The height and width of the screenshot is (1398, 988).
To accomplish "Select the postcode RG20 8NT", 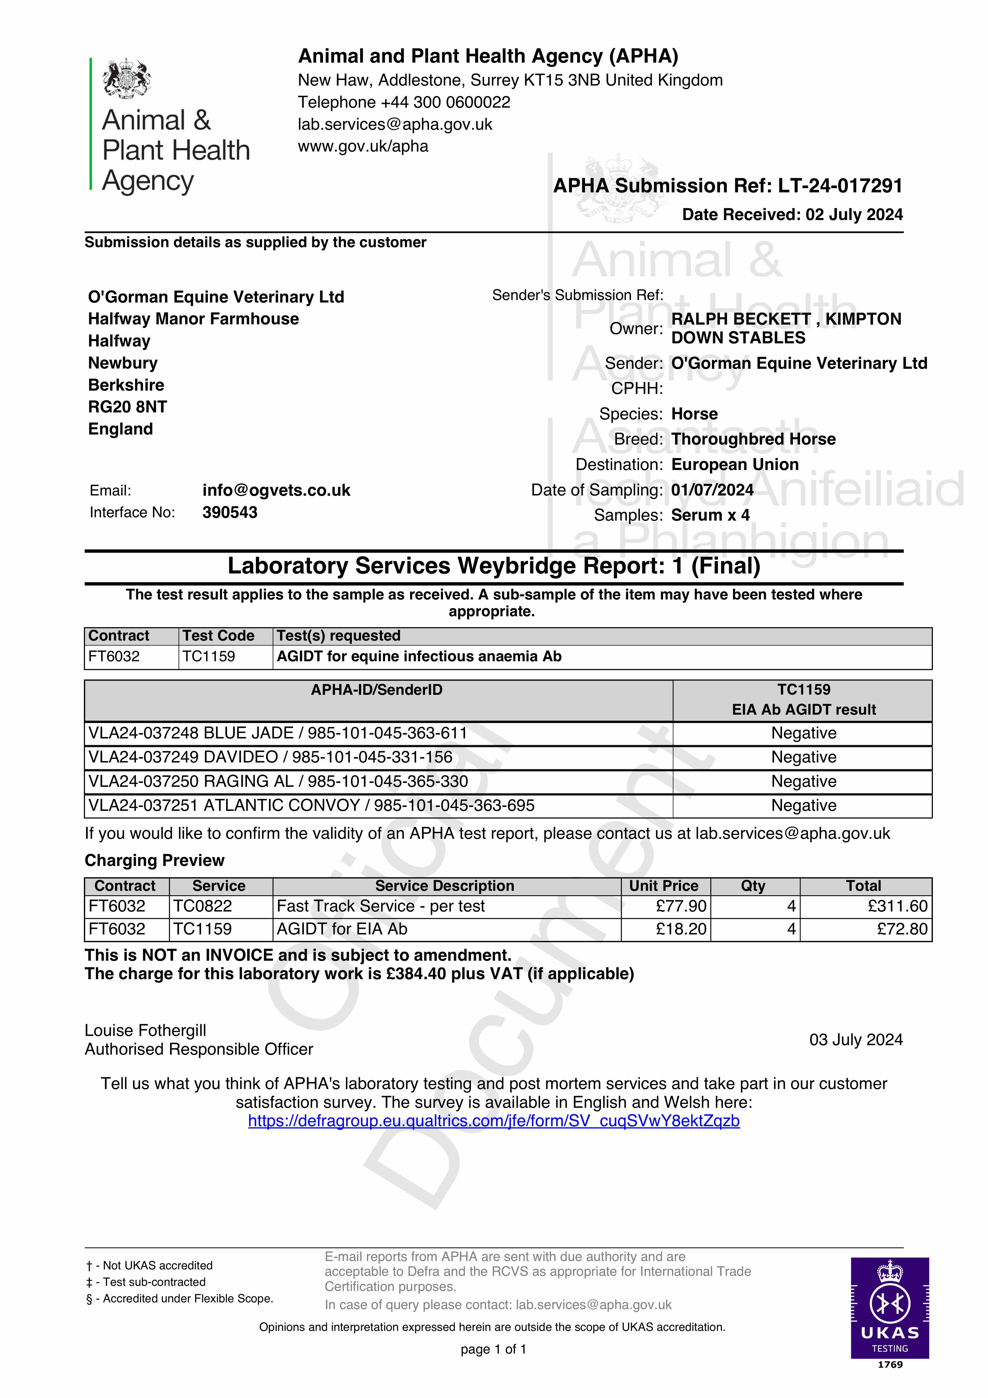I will [127, 407].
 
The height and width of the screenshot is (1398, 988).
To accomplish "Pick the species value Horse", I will [694, 414].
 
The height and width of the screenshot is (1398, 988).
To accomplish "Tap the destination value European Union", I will [735, 465].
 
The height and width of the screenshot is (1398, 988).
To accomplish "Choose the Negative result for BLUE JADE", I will [803, 733].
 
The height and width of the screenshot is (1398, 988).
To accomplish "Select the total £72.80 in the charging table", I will [902, 929].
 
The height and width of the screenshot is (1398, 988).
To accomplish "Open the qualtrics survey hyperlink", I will [493, 1121].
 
